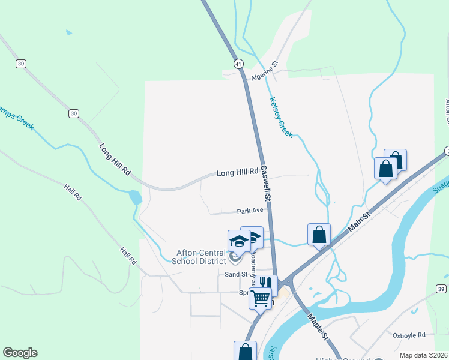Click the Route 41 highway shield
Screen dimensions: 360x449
tap(238, 64)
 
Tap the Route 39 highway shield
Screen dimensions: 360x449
tap(441, 289)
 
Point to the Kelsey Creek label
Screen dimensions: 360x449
tap(281, 118)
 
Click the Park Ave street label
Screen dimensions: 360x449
tap(250, 211)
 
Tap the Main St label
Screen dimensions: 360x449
tap(359, 220)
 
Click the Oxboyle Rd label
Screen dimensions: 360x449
tap(409, 335)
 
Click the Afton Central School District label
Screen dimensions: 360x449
tap(199, 257)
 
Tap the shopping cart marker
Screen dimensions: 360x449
tap(261, 297)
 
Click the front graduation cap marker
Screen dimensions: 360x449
tap(239, 242)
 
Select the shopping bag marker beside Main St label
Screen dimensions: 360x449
tap(319, 234)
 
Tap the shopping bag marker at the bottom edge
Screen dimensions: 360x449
tap(245, 351)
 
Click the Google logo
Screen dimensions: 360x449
tap(20, 353)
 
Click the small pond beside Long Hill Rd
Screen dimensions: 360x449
tap(135, 197)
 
